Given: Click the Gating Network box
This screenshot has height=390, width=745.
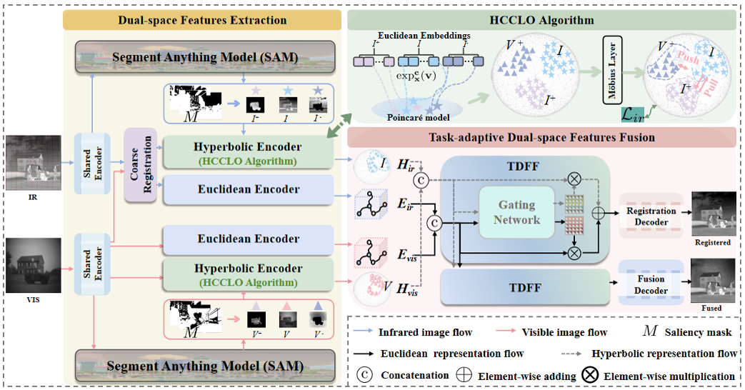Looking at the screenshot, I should coord(517,213).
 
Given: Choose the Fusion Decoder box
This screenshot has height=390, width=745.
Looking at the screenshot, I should coord(651,284).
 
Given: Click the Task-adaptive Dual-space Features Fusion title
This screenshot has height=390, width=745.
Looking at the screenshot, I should coord(541,137).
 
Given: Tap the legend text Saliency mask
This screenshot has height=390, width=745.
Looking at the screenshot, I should coord(699,332).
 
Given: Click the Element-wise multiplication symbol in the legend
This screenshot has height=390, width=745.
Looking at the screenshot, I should coord(591,376).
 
